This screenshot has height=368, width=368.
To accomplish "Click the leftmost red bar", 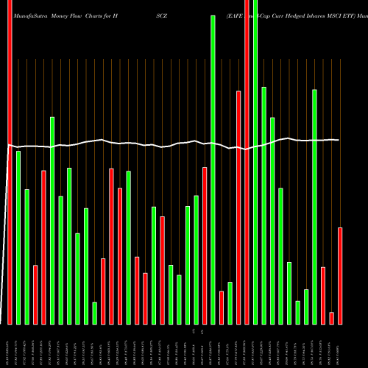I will pos(10,162).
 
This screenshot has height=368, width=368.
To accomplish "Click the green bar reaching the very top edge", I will pos(255,162).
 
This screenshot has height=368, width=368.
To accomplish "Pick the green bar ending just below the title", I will pos(213,169).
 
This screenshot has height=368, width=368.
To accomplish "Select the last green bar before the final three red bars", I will pos(314,206).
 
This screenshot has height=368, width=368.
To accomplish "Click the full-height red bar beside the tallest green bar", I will pos(247,162).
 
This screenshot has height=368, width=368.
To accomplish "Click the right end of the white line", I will pos(339,140).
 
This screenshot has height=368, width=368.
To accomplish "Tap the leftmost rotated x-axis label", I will pos(10,345).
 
